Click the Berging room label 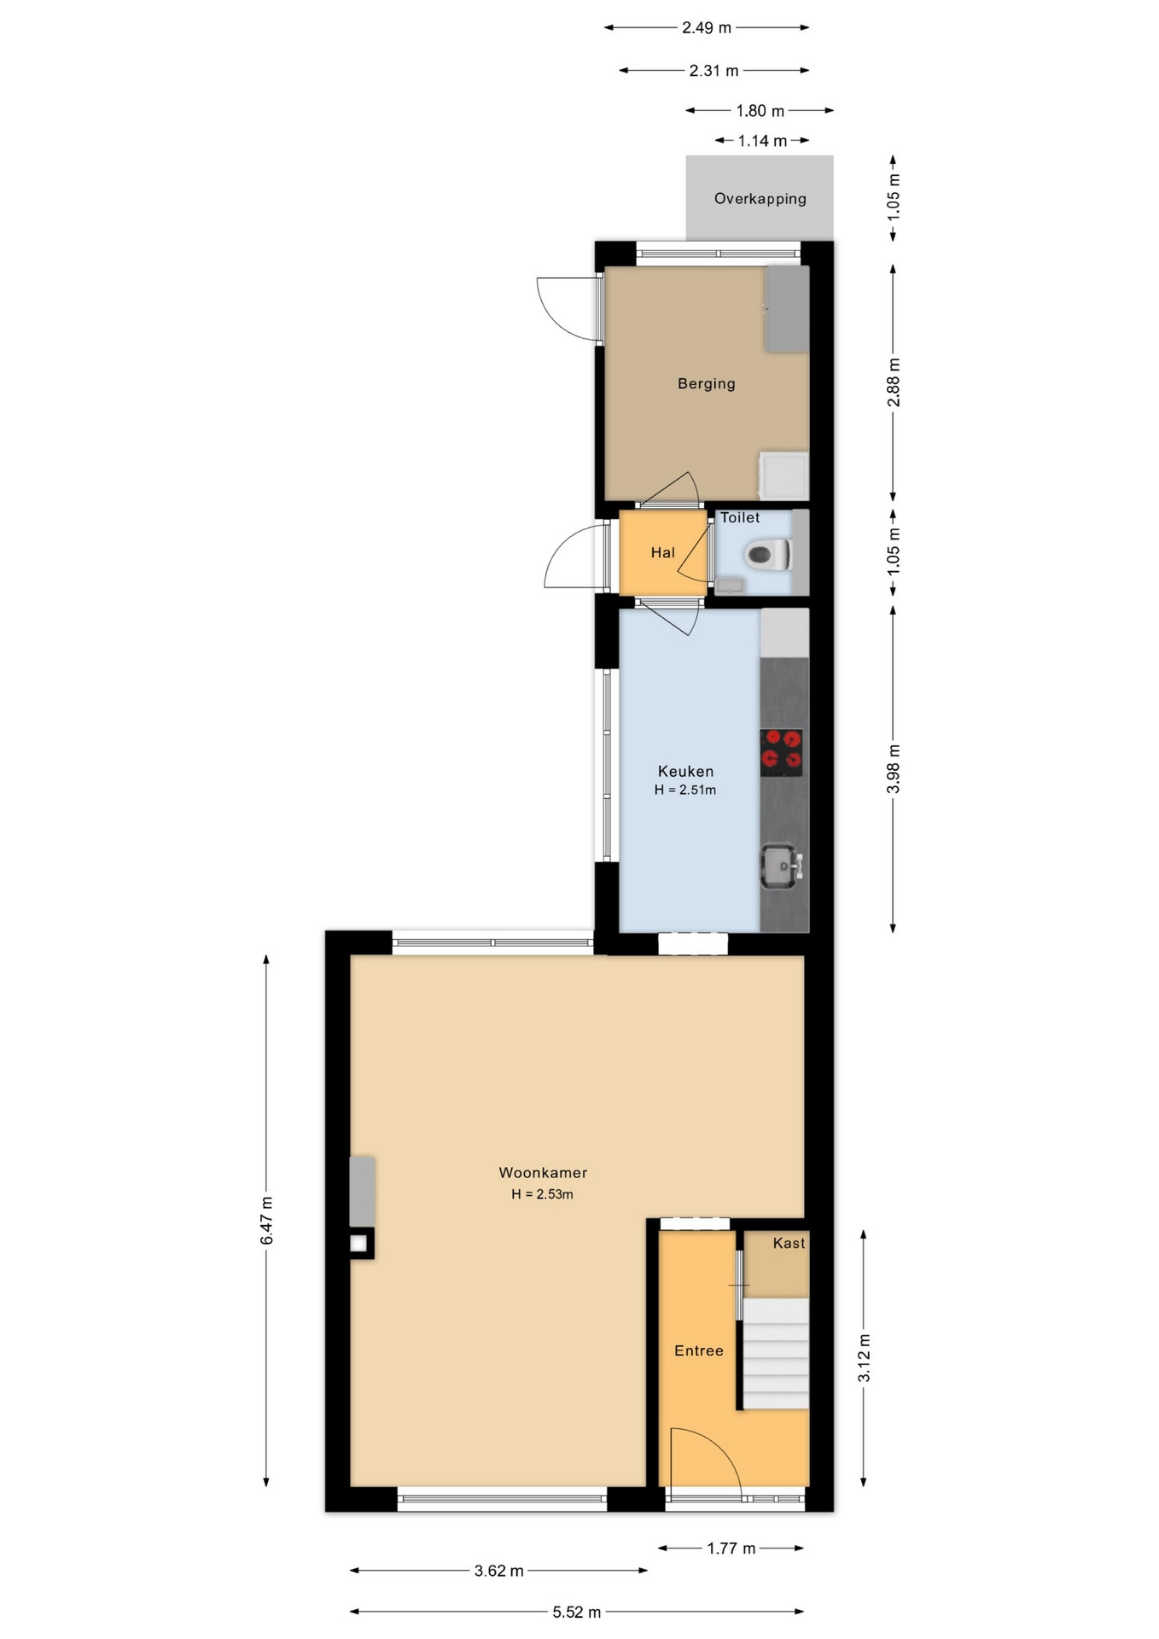(x=706, y=384)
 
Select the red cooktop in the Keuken (x=781, y=752)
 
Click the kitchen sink (x=780, y=866)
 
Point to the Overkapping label (x=760, y=199)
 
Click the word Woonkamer (x=543, y=1173)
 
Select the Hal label (x=663, y=553)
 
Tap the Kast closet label (x=789, y=1243)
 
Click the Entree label (x=699, y=1350)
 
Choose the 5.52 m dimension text (x=577, y=1613)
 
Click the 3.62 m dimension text (x=499, y=1571)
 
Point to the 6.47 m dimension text (x=267, y=1221)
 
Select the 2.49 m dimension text (x=707, y=27)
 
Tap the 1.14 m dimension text (x=762, y=141)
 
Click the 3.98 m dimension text (x=894, y=769)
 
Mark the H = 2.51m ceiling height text (x=685, y=790)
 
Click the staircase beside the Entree (x=775, y=1354)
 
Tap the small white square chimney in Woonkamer (x=358, y=1244)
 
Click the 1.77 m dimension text (x=731, y=1549)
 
